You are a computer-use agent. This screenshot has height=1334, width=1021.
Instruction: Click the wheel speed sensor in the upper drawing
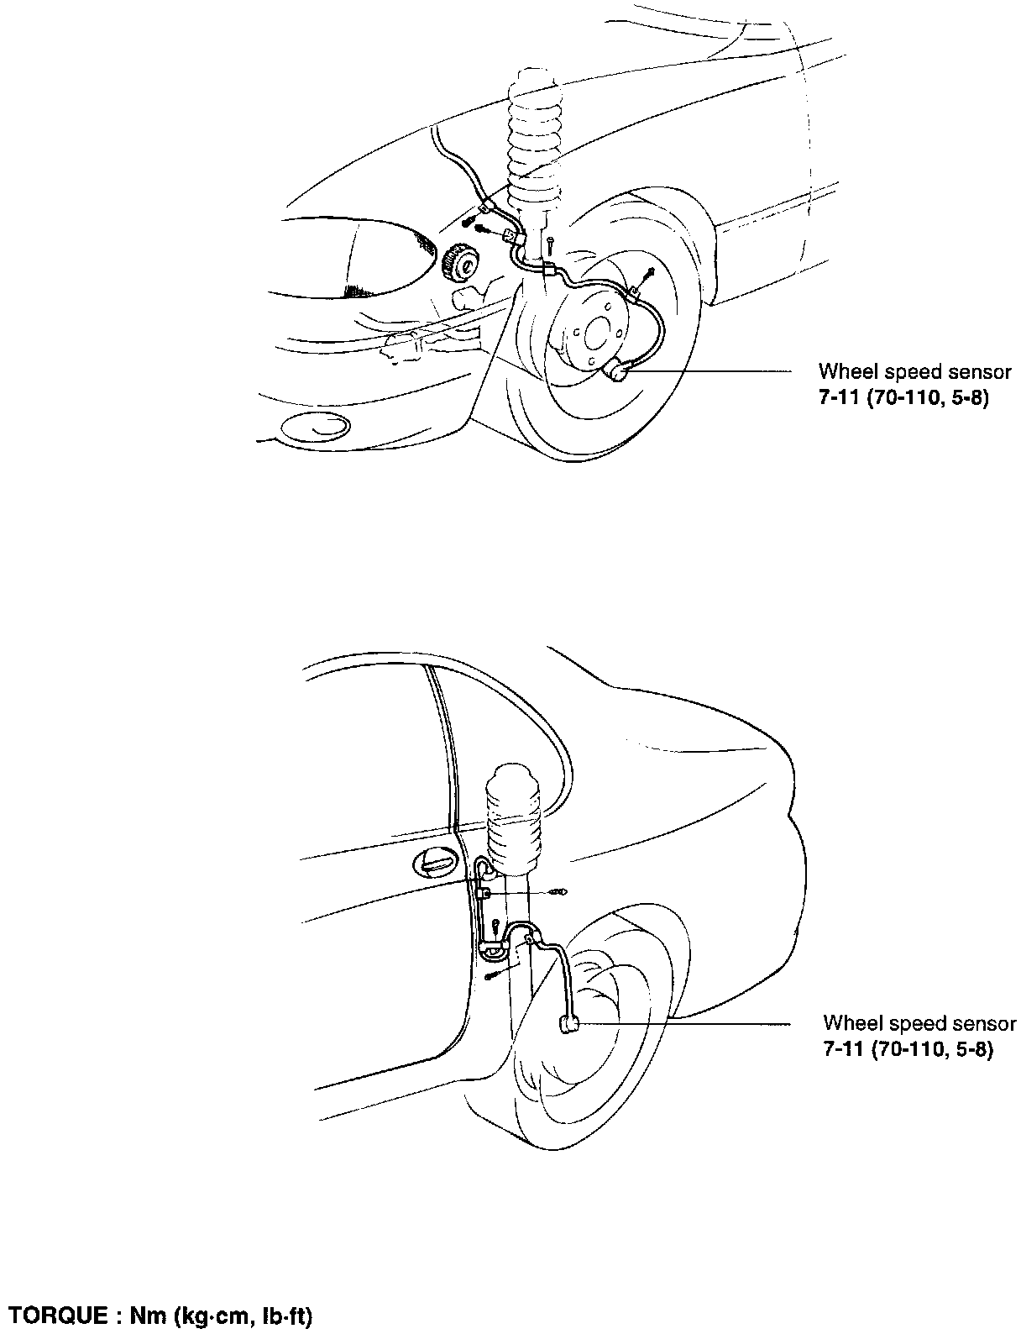pyautogui.click(x=620, y=370)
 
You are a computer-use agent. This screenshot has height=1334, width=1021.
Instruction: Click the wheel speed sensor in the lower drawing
pyautogui.click(x=568, y=1024)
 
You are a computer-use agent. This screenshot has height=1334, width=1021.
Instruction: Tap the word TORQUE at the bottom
pyautogui.click(x=54, y=1316)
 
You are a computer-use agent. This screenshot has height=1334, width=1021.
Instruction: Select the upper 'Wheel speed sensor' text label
pyautogui.click(x=914, y=371)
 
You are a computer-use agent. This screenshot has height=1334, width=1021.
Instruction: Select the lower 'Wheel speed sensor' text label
pyautogui.click(x=919, y=1023)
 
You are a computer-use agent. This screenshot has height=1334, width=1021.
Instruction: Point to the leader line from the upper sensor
pyautogui.click(x=714, y=370)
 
